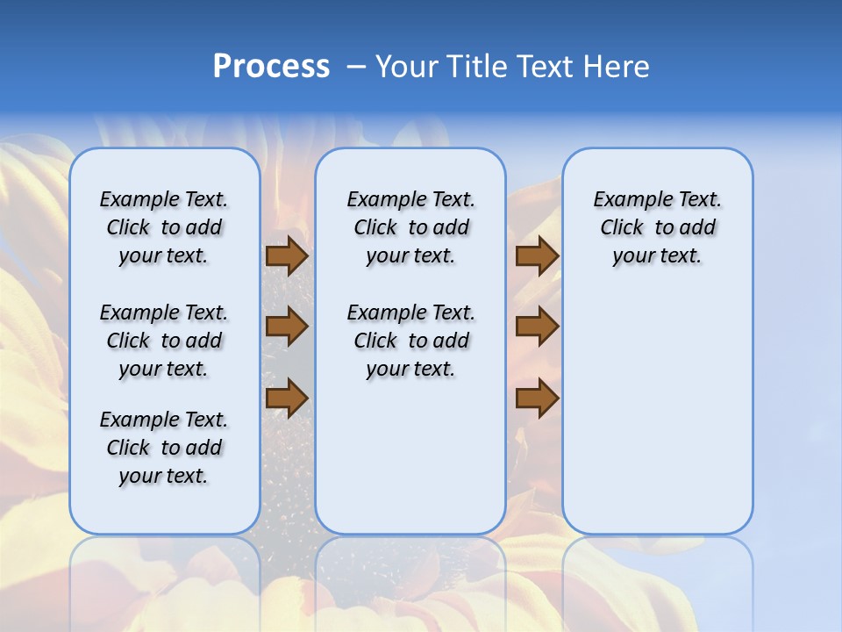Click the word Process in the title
tap(271, 67)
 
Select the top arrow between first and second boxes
tap(287, 255)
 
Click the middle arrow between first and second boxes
tap(287, 327)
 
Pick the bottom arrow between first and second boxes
tap(287, 398)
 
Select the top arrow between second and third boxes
tap(537, 255)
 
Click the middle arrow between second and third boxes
tap(537, 327)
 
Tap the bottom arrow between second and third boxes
tap(537, 398)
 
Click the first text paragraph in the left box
tap(164, 227)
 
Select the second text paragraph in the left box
tap(164, 341)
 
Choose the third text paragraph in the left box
tap(164, 448)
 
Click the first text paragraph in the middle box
tap(410, 227)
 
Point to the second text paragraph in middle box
tap(410, 341)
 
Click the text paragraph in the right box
tap(657, 227)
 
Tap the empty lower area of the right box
tap(657, 413)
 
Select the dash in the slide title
tap(357, 67)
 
